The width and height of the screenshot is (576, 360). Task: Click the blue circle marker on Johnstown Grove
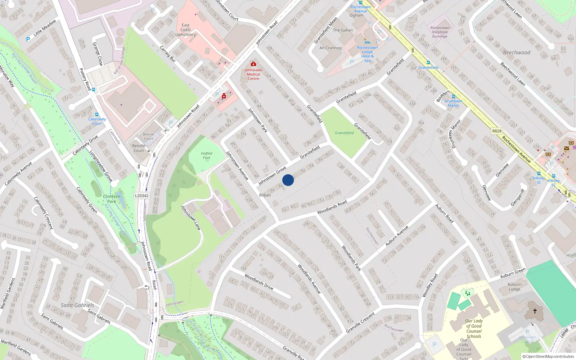(x=288, y=180)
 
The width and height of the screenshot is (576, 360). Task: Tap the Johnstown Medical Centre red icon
(x=253, y=64)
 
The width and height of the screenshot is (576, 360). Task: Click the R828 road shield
(x=497, y=131)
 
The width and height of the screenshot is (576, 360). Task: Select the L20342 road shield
(x=141, y=196)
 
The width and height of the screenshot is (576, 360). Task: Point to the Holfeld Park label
(x=207, y=156)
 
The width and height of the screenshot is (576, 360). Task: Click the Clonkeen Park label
(x=112, y=199)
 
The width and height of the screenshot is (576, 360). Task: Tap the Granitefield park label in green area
(x=345, y=133)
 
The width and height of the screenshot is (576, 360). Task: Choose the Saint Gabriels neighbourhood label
(x=77, y=305)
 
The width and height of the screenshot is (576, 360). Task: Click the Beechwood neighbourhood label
(x=517, y=53)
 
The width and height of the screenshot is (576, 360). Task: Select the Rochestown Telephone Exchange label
(x=440, y=32)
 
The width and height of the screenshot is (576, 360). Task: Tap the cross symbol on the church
(x=535, y=311)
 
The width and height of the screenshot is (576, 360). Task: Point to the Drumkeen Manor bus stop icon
(x=454, y=96)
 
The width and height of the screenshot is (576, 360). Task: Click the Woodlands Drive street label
(x=259, y=282)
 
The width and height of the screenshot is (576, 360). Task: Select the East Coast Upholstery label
(x=185, y=30)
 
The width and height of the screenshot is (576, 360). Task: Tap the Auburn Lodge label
(x=514, y=287)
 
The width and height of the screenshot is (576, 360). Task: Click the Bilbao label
(x=265, y=195)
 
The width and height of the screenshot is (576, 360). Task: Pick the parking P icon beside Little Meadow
(x=28, y=39)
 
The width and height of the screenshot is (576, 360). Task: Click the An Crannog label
(x=330, y=48)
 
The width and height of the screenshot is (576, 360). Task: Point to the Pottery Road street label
(x=85, y=79)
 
